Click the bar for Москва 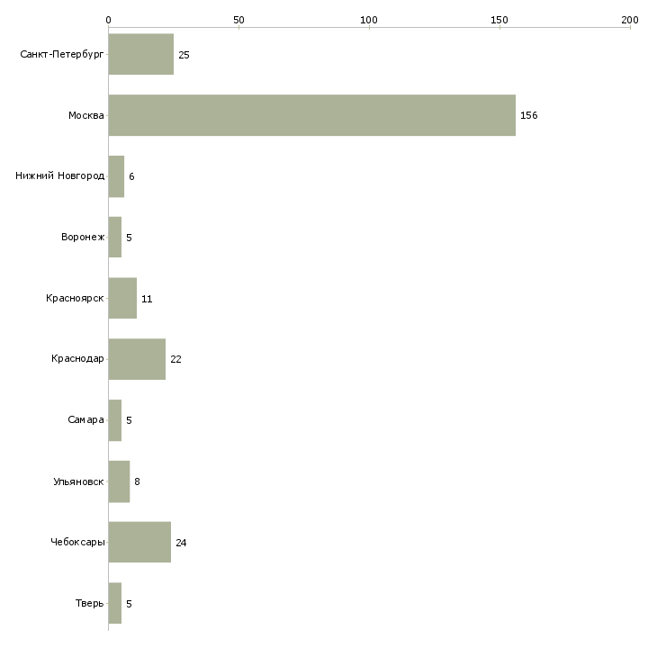pyautogui.click(x=311, y=115)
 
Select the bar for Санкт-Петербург pyautogui.click(x=141, y=54)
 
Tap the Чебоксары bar pyautogui.click(x=139, y=542)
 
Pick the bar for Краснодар pyautogui.click(x=137, y=359)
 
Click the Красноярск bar pyautogui.click(x=122, y=298)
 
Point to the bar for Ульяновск pyautogui.click(x=119, y=481)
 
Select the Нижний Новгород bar pyautogui.click(x=116, y=176)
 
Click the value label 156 pyautogui.click(x=528, y=116)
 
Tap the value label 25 pyautogui.click(x=184, y=55)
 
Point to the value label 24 pyautogui.click(x=181, y=543)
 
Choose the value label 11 pyautogui.click(x=147, y=299)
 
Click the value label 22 pyautogui.click(x=175, y=360)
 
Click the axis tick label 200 pyautogui.click(x=629, y=19)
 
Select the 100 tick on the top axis pyautogui.click(x=369, y=19)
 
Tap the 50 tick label pyautogui.click(x=238, y=19)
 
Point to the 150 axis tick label pyautogui.click(x=499, y=19)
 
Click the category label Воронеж pyautogui.click(x=83, y=238)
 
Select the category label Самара pyautogui.click(x=85, y=420)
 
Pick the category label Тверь pyautogui.click(x=89, y=603)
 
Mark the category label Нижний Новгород pyautogui.click(x=59, y=176)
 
